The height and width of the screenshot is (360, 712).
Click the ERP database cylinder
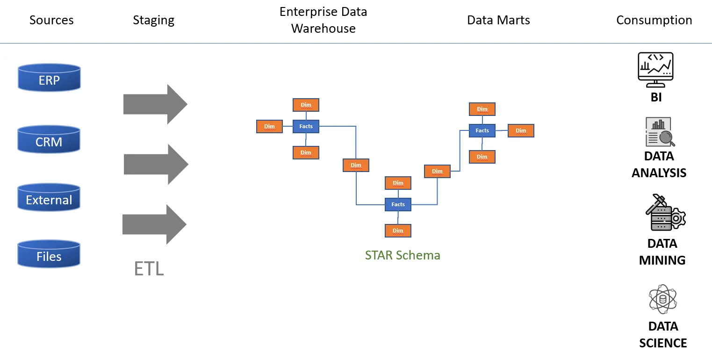[x=49, y=78]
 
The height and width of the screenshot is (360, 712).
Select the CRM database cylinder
[x=49, y=139]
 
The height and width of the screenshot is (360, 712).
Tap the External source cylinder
[x=49, y=197]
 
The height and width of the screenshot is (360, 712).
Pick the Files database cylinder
[x=49, y=254]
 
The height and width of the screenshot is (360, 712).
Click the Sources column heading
[x=51, y=20]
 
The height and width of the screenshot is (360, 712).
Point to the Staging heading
[x=153, y=20]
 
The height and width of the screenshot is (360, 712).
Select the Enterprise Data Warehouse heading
[x=323, y=20]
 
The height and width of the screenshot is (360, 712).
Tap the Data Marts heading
[x=498, y=20]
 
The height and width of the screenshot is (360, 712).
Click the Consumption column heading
[x=654, y=20]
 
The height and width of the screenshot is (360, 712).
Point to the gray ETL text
[x=149, y=269]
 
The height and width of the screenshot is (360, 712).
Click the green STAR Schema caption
[x=403, y=255]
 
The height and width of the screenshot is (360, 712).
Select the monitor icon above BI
[x=655, y=69]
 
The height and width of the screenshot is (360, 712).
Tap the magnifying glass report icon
[x=660, y=132]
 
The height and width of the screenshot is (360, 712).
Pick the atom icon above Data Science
[x=663, y=299]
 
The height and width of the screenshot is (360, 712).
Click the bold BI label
[x=656, y=98]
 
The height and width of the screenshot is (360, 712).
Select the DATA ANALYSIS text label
[x=659, y=164]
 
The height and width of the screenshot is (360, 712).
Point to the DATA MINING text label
[x=662, y=252]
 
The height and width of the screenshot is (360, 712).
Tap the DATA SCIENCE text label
[x=662, y=334]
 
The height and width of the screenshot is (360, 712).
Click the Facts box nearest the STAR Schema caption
[x=398, y=204]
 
